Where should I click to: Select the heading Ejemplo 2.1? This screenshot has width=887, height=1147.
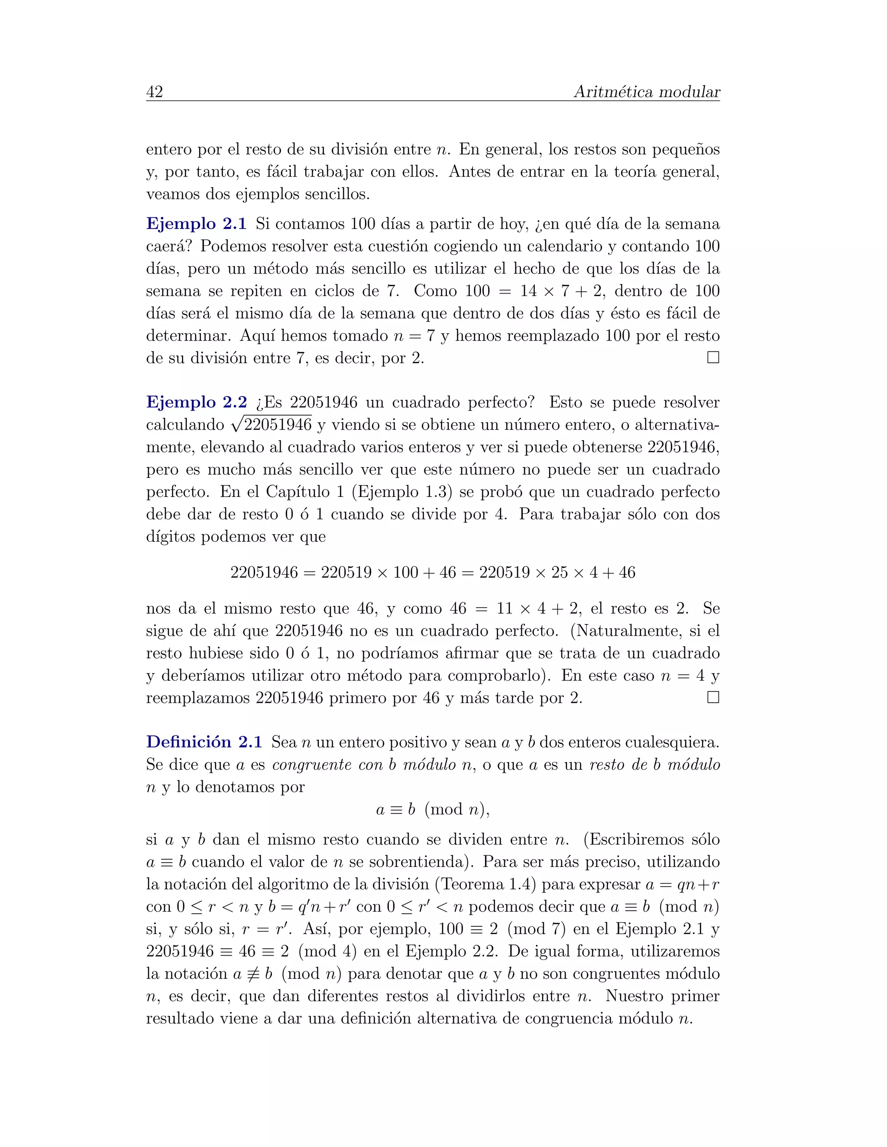pyautogui.click(x=196, y=224)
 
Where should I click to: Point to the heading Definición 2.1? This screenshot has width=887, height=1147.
pyautogui.click(x=204, y=742)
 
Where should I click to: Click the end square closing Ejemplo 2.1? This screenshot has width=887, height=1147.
pyautogui.click(x=713, y=358)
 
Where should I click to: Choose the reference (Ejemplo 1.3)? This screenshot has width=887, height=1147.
pyautogui.click(x=402, y=492)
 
